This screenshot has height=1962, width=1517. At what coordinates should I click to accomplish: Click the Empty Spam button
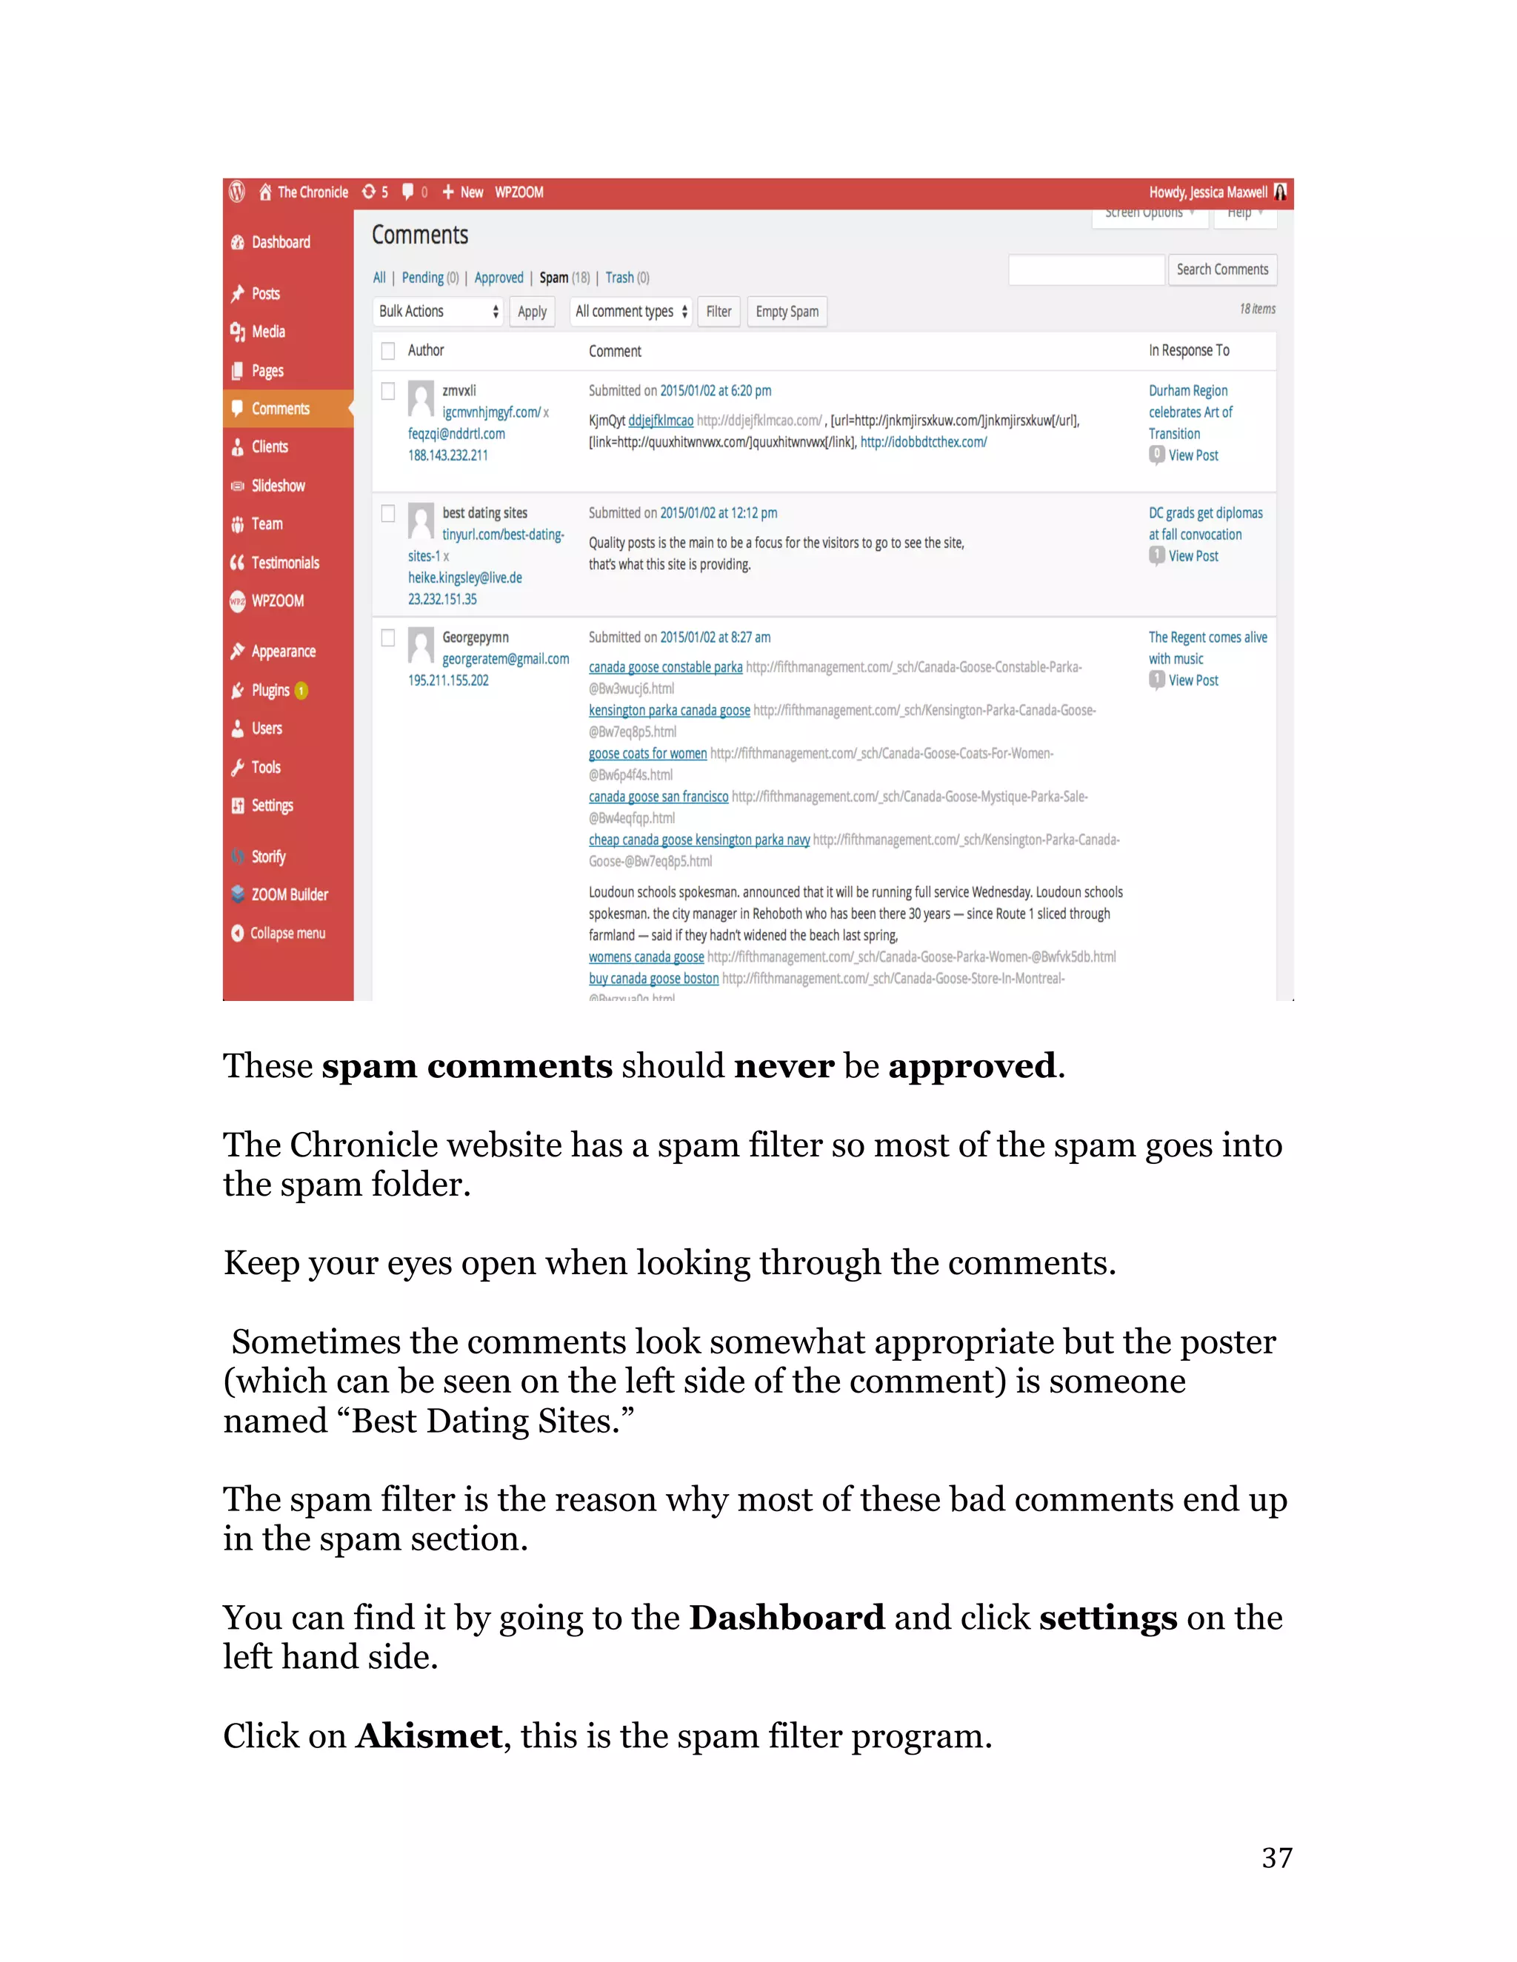pos(787,312)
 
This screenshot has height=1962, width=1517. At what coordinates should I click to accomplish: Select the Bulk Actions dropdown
pos(439,312)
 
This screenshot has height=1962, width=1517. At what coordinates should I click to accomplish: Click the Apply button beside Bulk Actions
pos(532,312)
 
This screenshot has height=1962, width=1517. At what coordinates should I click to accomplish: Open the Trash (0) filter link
pos(627,278)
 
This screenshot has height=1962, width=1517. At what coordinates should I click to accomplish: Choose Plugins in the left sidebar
pos(270,690)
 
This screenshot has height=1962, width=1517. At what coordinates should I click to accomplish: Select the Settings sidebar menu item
pos(271,806)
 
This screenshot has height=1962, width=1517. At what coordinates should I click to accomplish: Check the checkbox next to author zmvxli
pos(388,391)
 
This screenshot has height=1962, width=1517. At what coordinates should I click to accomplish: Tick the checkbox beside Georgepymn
pos(388,637)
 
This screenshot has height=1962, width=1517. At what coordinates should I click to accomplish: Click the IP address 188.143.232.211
pos(447,455)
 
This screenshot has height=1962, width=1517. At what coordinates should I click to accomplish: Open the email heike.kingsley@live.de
pos(464,577)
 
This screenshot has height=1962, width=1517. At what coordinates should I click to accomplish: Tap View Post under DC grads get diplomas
pos(1193,556)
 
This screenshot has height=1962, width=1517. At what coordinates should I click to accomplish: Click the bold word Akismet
pos(429,1735)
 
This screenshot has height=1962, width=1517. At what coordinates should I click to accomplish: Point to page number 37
pos(1276,1857)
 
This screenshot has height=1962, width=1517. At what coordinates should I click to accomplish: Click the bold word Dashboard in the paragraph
pos(787,1617)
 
